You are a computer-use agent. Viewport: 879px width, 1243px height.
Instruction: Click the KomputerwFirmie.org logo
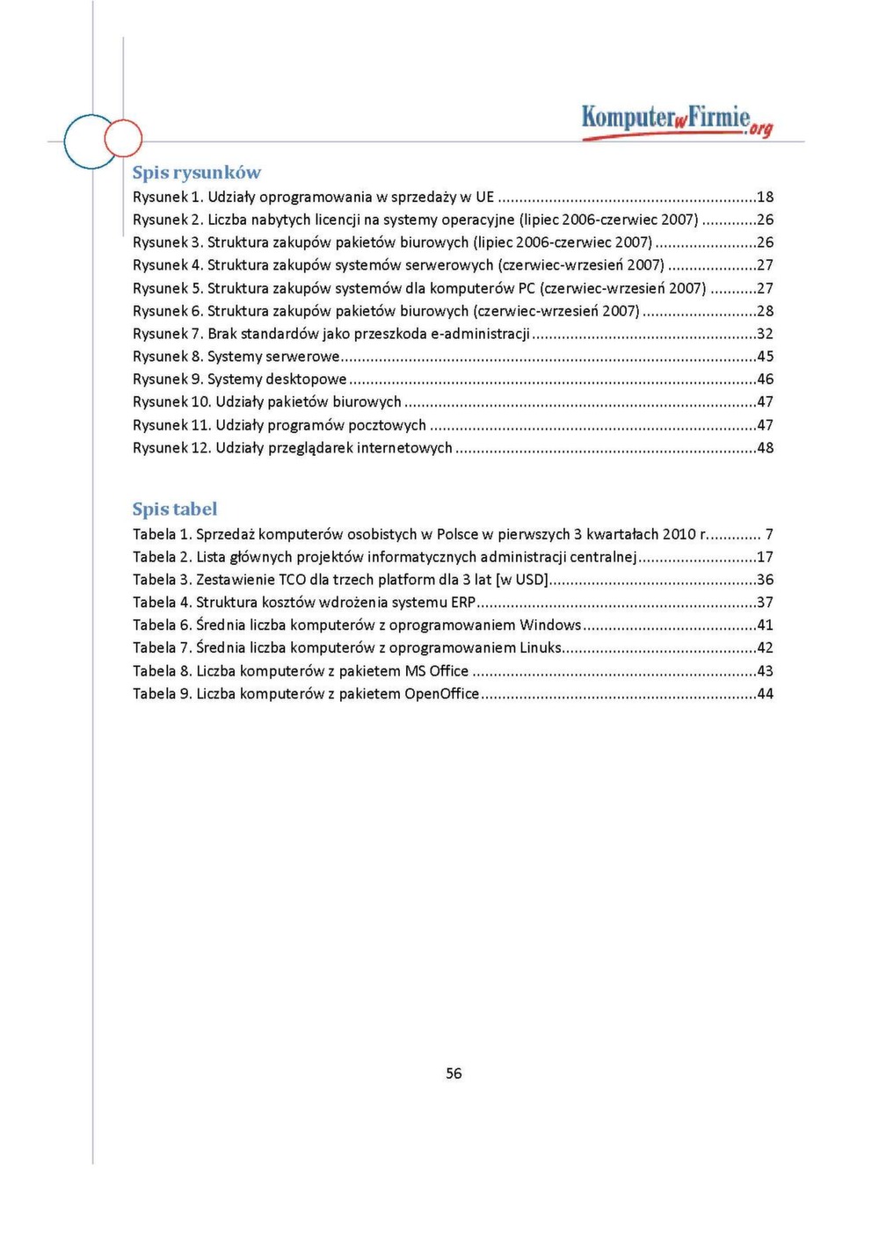pos(676,120)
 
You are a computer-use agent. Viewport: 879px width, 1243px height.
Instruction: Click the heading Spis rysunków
pos(196,172)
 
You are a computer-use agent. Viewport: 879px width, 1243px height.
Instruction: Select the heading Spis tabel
pos(174,509)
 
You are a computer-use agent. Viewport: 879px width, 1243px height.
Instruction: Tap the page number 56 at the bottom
pos(454,1073)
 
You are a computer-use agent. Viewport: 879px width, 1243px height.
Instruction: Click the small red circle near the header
pos(123,139)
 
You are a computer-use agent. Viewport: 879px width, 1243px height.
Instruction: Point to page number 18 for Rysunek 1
pos(765,197)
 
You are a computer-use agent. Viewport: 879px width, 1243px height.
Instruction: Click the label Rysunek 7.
pos(168,334)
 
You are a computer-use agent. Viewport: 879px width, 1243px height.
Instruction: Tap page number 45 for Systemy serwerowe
pos(765,357)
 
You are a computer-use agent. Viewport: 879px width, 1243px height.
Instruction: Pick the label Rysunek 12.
pos(171,448)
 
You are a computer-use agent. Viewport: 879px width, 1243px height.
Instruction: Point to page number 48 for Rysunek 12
pos(765,448)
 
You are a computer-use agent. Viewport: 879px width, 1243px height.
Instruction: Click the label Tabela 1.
pos(162,534)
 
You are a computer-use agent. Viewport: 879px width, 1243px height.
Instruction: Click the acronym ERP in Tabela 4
pos(462,603)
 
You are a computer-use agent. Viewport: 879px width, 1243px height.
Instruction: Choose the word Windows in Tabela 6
pos(550,625)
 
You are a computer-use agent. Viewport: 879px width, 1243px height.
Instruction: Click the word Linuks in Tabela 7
pos(541,648)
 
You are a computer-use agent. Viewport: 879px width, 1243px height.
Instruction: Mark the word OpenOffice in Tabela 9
pos(441,694)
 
